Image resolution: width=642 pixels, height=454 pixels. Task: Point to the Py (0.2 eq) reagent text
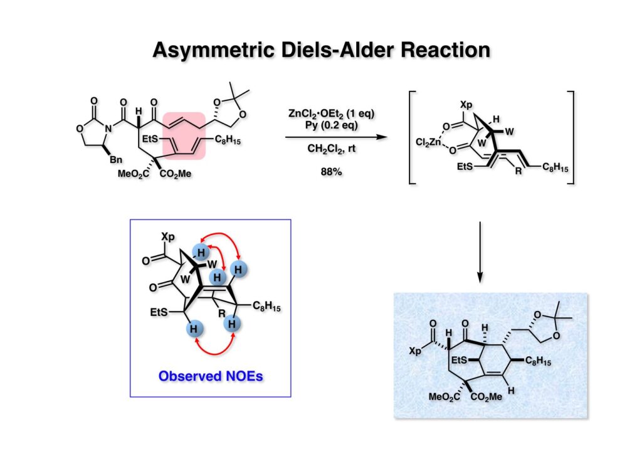332,124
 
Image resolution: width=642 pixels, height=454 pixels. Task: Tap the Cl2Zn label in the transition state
429,142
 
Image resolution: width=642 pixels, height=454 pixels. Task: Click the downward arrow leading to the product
480,251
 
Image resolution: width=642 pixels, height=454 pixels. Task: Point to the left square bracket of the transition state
412,137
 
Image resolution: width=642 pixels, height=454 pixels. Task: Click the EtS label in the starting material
154,138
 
